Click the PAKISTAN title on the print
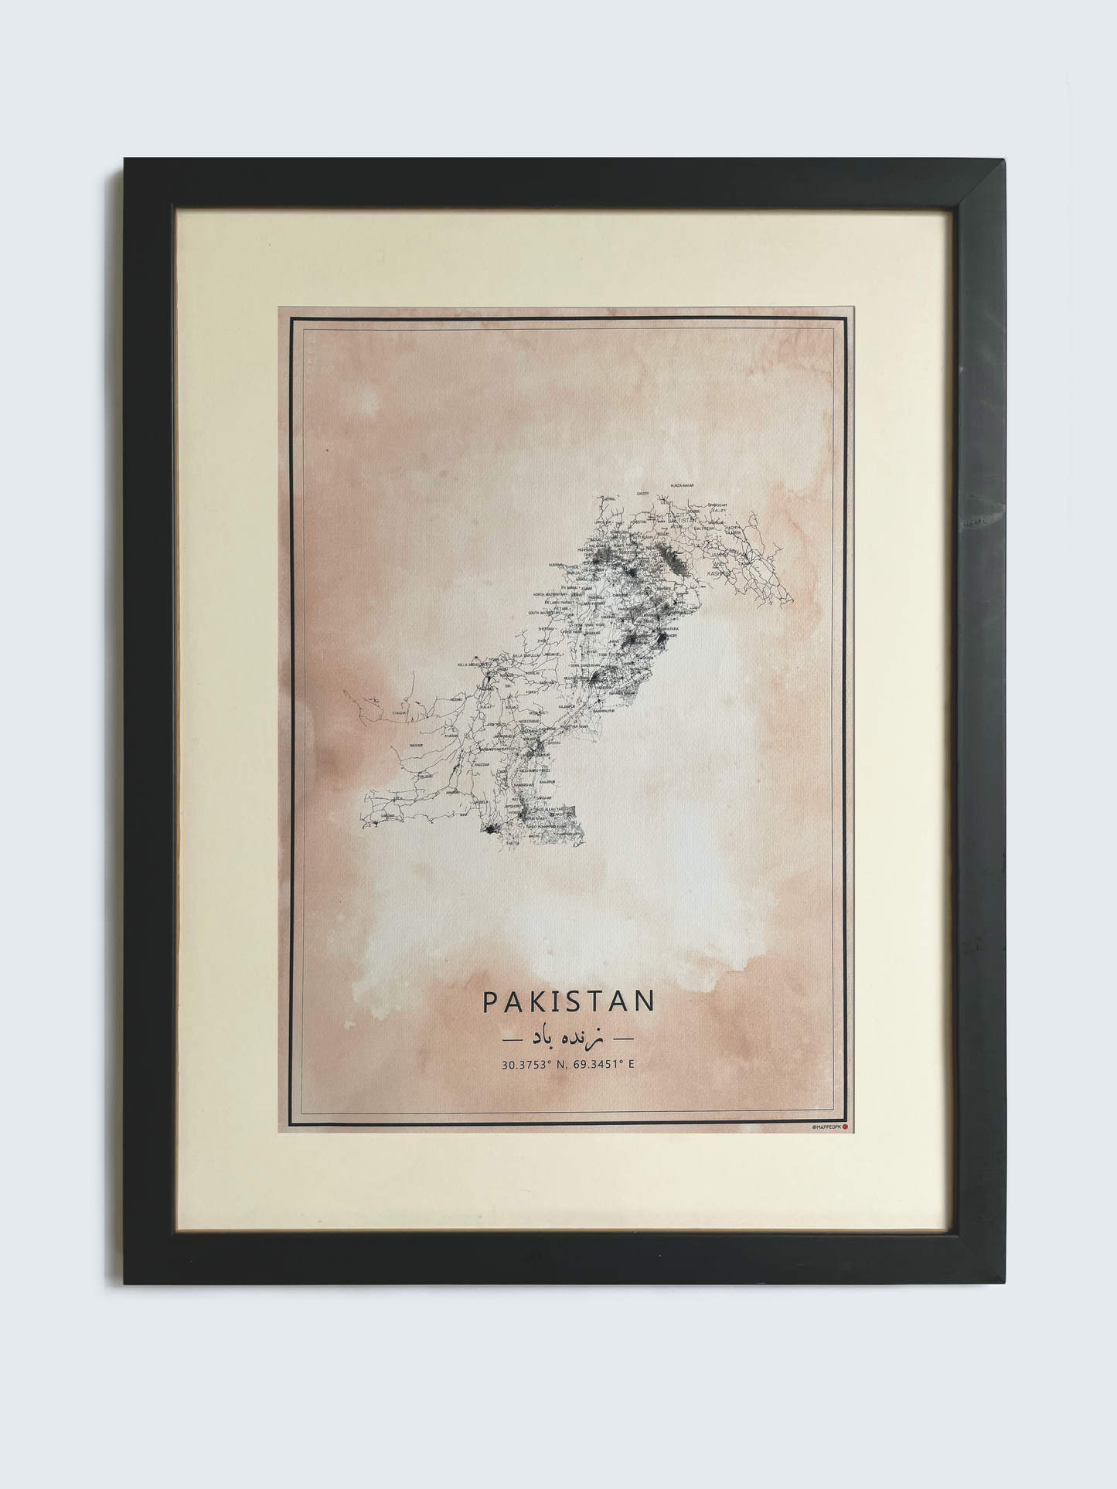[568, 1001]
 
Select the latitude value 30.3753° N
[535, 1065]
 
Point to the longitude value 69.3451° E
[604, 1065]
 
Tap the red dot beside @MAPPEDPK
[845, 1127]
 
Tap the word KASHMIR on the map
[717, 573]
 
